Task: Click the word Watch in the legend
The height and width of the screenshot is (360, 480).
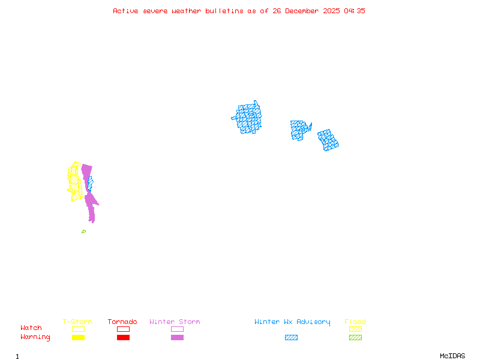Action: point(31,328)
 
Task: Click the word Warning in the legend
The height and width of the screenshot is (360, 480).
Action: point(35,337)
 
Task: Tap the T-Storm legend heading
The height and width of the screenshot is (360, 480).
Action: point(77,322)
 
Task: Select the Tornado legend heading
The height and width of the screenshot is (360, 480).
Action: point(122,322)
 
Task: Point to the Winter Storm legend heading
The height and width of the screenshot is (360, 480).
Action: point(175,322)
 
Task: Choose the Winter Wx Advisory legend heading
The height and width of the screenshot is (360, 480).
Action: point(292,322)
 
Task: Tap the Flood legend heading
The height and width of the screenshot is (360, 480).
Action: point(355,322)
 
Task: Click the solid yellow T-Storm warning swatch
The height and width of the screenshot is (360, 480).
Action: point(78,338)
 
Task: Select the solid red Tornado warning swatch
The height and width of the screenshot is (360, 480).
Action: point(123,338)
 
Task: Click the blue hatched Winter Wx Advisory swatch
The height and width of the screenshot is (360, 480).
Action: point(291,338)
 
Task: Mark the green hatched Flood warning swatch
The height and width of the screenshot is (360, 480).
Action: point(355,338)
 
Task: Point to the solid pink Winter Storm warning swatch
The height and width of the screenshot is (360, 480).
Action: point(177,338)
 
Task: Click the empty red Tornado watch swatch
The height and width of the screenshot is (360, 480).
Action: point(123,329)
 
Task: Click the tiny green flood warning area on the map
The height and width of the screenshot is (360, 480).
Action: point(83,232)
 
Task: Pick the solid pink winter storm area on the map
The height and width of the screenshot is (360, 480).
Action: point(90,204)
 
